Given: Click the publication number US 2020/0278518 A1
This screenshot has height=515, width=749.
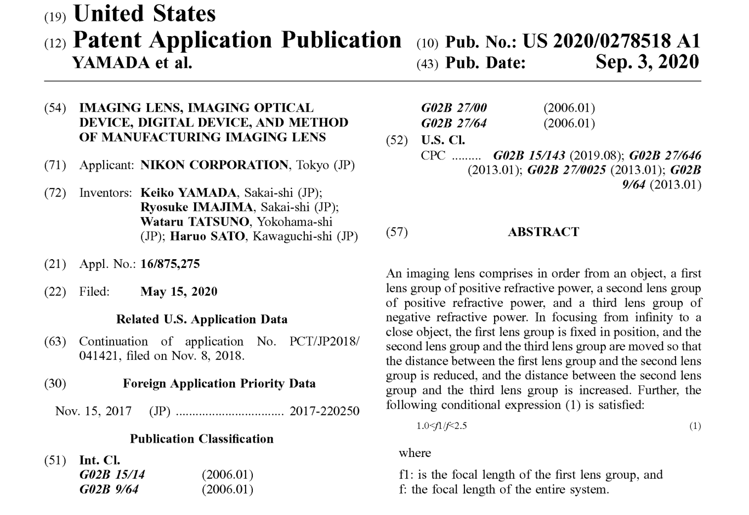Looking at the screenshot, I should pos(611,41).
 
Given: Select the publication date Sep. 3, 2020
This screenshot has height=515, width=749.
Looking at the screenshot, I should pos(647,62).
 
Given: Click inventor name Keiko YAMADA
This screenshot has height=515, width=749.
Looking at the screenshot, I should pos(189,193).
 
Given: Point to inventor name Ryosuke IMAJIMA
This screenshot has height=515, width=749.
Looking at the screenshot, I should pos(197,208).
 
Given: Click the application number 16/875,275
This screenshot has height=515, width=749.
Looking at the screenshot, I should pos(170,264).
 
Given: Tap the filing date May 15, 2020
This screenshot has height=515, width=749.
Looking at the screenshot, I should pos(179,291).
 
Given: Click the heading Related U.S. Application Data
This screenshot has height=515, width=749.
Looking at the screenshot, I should pos(202,319).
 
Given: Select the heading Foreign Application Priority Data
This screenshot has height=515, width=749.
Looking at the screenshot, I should pos(219,384).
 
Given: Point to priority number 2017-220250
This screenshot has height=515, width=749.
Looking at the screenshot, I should pos(325,411).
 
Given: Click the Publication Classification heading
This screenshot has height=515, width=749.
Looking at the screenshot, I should pos(202,439).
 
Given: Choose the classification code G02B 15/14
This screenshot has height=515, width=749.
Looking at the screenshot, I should pos(112,474).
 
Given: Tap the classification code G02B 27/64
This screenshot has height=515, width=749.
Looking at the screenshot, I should pos(453,123).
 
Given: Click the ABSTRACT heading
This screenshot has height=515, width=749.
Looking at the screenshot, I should pos(543,232).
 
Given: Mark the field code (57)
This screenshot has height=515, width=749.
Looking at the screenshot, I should pos(397,232).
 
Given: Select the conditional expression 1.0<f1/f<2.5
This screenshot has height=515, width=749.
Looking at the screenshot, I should pos(441,426).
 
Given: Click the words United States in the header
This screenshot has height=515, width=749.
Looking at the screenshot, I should pos(145,14).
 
